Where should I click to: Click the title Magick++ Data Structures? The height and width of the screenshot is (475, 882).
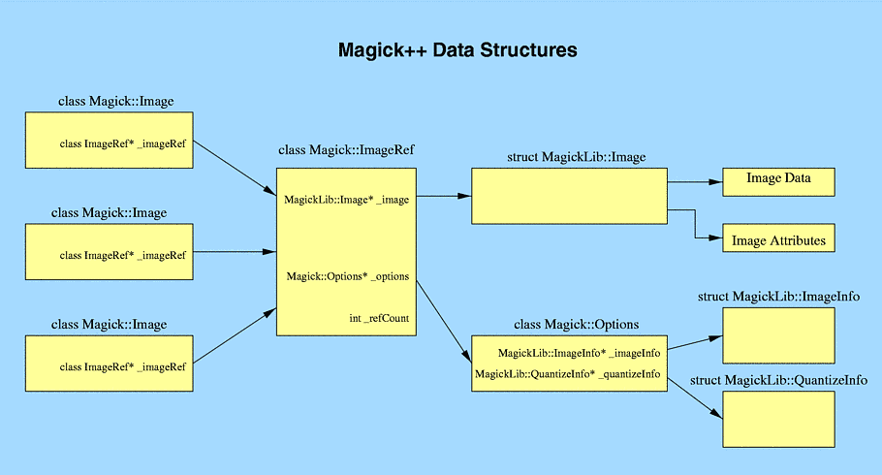[457, 50]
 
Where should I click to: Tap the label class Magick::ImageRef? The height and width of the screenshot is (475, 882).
[346, 150]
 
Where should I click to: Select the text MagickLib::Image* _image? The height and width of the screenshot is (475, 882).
[347, 200]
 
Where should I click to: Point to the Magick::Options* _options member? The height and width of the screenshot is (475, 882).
[348, 276]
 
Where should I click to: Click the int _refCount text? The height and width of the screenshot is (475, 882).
[379, 319]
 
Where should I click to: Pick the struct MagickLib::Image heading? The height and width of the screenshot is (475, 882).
[576, 157]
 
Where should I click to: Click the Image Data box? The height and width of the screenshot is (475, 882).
[778, 182]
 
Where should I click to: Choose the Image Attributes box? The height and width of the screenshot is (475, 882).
[778, 237]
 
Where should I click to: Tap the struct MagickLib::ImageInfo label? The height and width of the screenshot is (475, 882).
[778, 297]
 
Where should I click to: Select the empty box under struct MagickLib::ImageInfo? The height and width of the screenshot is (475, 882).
[778, 335]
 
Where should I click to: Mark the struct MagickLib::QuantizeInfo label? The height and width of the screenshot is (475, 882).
[778, 380]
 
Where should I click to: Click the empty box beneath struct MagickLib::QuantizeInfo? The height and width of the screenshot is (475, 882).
[778, 420]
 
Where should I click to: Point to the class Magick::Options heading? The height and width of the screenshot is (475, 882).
[576, 325]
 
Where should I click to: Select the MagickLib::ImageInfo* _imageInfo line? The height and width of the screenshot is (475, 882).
[579, 354]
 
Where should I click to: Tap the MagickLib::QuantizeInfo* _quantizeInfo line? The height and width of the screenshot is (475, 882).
[568, 374]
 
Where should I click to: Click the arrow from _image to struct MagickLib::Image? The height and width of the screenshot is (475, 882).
[444, 196]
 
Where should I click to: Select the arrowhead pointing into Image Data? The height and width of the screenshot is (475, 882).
[715, 182]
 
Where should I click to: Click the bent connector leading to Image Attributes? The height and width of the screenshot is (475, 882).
[695, 224]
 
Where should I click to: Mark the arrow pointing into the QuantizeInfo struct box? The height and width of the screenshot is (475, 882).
[695, 398]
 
